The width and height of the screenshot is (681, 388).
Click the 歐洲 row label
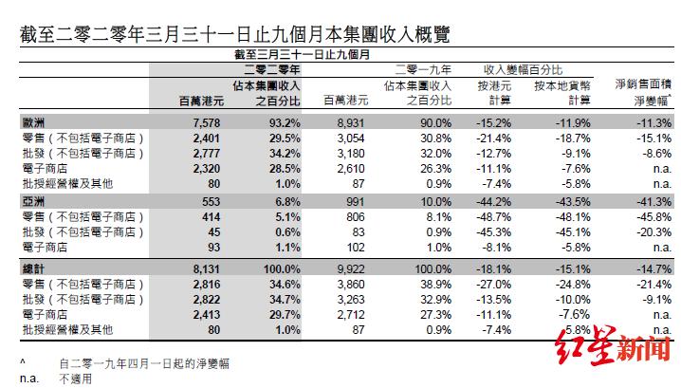[32, 122]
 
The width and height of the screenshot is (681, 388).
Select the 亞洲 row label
[32, 202]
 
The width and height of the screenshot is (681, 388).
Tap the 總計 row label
[32, 268]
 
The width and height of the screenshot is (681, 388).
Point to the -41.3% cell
[652, 202]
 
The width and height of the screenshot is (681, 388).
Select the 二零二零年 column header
[272, 70]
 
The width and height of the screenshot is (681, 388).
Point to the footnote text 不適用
[77, 377]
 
